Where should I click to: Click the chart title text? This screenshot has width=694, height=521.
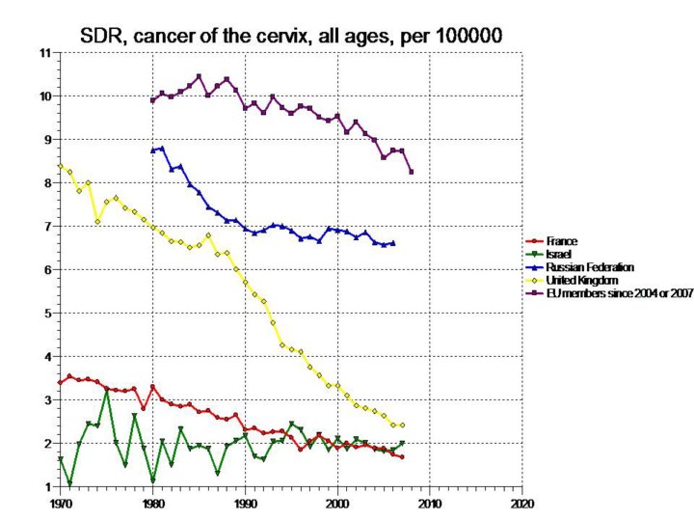[x=290, y=36]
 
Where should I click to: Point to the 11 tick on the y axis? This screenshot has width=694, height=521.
[x=44, y=52]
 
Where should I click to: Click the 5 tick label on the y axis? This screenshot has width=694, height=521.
[x=46, y=313]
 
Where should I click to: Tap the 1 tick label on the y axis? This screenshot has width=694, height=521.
[x=46, y=486]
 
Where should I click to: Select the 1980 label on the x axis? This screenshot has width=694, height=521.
[x=152, y=504]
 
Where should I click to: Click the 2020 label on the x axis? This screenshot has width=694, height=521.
[x=522, y=504]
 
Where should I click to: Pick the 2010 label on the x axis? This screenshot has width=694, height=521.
[x=430, y=504]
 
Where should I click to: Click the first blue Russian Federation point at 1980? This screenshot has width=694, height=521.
[x=152, y=151]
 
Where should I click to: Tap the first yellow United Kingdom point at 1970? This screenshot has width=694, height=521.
[x=60, y=166]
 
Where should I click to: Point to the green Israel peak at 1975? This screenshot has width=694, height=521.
[x=106, y=392]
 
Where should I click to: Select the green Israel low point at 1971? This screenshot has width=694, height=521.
[x=69, y=483]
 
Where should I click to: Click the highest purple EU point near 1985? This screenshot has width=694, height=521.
[x=199, y=76]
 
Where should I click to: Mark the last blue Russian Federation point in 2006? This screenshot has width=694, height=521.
[x=393, y=243]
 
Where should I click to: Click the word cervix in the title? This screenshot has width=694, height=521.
[x=307, y=36]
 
